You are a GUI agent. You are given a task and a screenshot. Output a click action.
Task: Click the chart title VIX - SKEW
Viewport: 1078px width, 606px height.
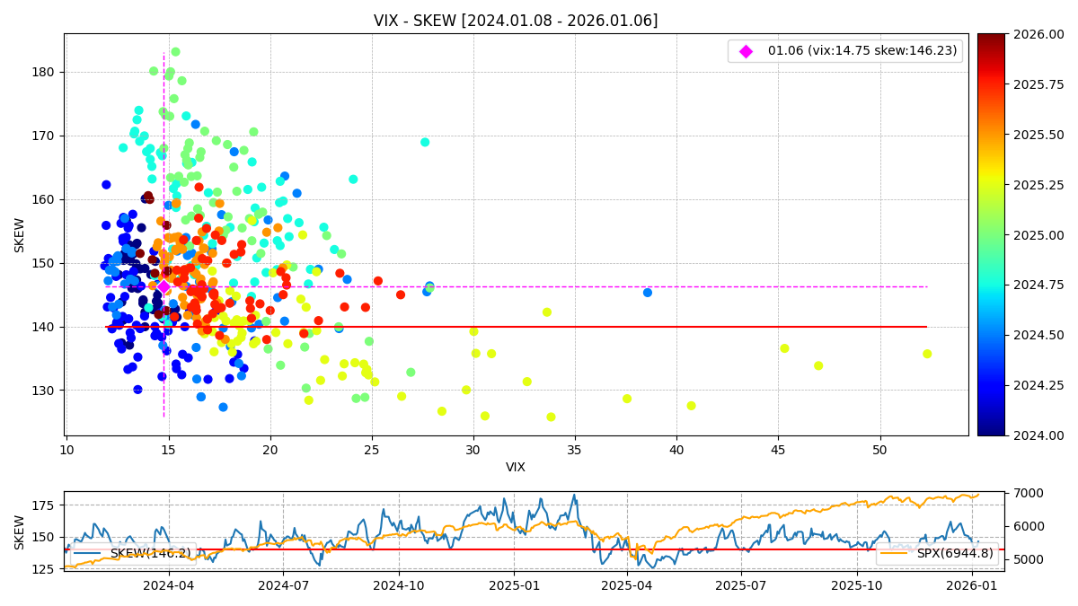click(516, 21)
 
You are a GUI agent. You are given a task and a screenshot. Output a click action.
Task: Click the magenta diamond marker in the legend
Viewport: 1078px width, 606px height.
click(746, 51)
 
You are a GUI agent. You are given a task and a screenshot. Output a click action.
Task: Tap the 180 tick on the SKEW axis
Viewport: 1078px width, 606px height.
click(45, 72)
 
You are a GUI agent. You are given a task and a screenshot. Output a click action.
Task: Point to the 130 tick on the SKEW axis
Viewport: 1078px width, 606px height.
click(45, 391)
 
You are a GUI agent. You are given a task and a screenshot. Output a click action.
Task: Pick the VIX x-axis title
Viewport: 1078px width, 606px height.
click(516, 467)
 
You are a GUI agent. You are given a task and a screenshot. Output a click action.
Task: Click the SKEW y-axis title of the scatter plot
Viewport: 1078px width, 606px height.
click(20, 234)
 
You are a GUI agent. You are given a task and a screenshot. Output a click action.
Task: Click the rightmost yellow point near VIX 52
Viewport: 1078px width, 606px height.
click(927, 354)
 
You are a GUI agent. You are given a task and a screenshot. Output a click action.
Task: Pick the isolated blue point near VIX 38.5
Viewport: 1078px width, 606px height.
click(648, 293)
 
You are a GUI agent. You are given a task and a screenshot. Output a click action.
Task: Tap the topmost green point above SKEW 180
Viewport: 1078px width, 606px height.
click(175, 52)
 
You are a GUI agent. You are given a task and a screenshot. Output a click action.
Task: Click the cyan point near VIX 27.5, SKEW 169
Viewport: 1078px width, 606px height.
click(425, 142)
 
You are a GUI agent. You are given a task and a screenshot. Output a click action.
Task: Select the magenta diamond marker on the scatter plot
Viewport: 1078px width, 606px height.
click(163, 286)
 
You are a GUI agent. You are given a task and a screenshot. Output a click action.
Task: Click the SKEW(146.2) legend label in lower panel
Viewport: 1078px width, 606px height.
click(150, 553)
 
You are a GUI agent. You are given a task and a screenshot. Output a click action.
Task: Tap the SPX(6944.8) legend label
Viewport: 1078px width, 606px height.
click(954, 553)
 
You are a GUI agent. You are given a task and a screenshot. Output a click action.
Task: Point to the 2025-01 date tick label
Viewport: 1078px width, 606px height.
click(514, 585)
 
